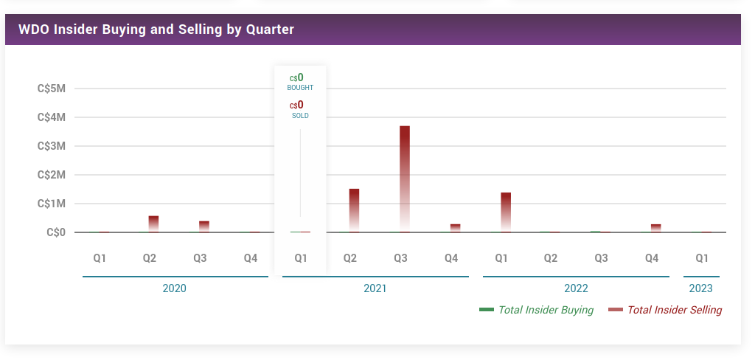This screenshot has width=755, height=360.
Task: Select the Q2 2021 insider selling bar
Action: click(355, 210)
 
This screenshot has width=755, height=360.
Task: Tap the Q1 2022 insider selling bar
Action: click(506, 212)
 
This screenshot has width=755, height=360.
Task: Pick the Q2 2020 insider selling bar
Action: click(153, 224)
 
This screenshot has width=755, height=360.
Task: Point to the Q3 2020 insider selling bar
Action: click(204, 226)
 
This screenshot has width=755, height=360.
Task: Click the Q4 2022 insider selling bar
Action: click(656, 228)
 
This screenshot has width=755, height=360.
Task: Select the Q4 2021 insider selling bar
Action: click(456, 228)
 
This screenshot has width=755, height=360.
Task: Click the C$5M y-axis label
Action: click(52, 89)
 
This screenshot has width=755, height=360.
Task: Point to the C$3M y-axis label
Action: click(52, 146)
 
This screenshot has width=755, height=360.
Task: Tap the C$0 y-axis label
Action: click(56, 232)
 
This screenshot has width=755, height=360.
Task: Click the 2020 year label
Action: click(175, 288)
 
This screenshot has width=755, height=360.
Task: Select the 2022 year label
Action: click(576, 288)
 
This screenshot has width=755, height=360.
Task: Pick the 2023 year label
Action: click(701, 288)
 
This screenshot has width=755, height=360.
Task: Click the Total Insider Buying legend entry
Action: click(545, 310)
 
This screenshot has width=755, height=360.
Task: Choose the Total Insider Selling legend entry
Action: click(674, 310)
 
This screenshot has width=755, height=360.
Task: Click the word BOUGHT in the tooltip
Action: click(300, 88)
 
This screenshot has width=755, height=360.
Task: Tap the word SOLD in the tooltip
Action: click(300, 116)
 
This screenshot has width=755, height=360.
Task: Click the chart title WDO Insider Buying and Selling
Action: click(156, 30)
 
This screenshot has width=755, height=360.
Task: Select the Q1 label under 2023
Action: click(702, 258)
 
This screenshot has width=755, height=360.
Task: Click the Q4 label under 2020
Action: click(251, 258)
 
